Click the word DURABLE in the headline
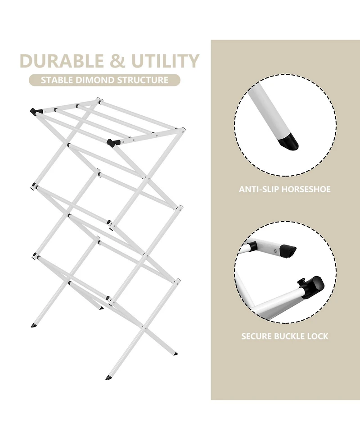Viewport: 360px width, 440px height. [62, 61]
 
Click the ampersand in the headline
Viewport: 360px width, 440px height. [117, 61]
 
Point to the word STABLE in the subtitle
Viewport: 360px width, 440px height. [57, 80]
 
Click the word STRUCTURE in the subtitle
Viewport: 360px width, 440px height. [143, 80]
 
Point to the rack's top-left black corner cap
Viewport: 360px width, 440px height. [33, 111]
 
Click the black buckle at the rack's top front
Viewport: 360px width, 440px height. [111, 142]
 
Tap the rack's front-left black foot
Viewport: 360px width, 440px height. [33, 326]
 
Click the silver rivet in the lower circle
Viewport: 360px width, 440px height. [276, 251]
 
